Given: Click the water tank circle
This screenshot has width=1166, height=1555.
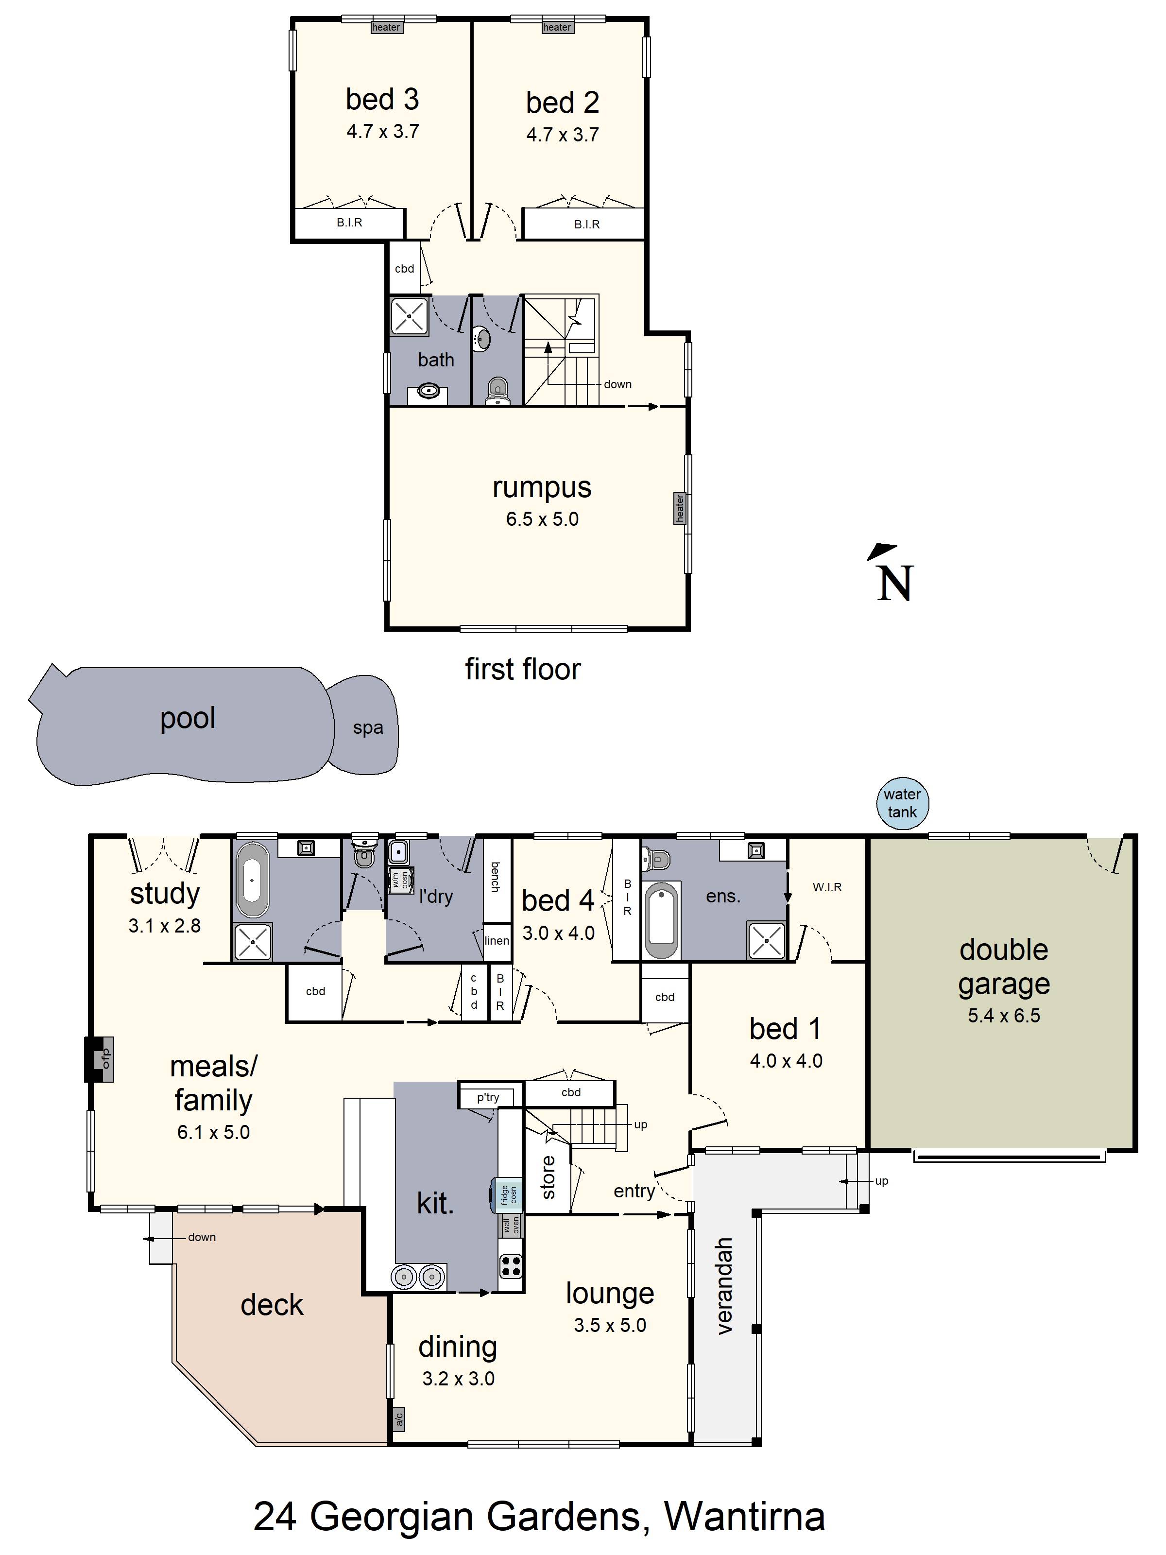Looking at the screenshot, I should pos(902,803).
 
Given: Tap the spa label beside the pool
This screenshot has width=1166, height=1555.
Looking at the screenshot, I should pos(368,727).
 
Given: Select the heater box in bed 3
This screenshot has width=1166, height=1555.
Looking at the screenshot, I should pos(386,27).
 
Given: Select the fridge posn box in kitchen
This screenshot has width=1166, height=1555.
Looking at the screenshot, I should pos(508,1195).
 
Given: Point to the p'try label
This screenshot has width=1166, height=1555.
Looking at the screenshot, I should pos(488,1097).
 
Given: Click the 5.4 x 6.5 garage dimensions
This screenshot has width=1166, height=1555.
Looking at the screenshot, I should pos(1003,1016).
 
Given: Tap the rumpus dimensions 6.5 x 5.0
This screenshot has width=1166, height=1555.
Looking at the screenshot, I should pos(542,519).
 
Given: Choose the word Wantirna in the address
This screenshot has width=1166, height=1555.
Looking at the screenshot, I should pos(744,1516).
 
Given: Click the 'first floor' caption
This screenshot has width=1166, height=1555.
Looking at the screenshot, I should pos(522,669).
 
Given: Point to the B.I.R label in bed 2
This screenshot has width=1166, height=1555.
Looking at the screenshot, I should pos(586,224).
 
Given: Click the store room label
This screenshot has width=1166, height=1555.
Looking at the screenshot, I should pos(548,1177).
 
